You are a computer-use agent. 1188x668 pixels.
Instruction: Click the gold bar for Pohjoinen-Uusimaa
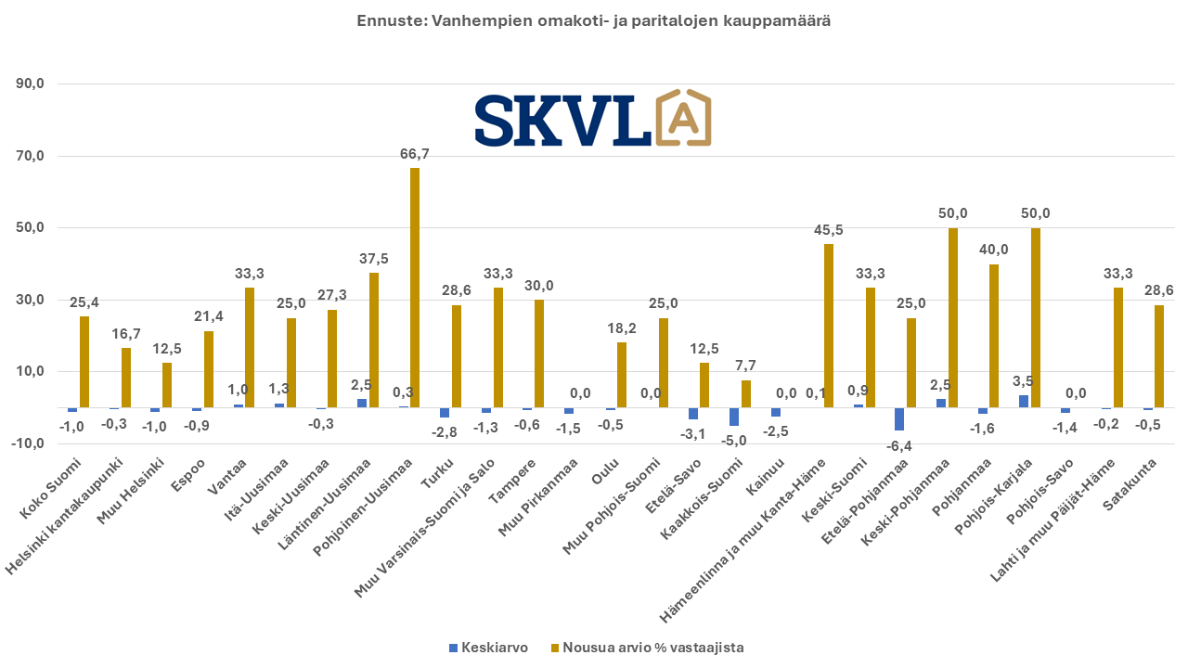[x=415, y=288]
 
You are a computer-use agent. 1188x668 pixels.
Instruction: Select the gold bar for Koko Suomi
[x=84, y=362]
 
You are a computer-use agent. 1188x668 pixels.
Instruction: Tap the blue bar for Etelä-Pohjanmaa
[x=899, y=418]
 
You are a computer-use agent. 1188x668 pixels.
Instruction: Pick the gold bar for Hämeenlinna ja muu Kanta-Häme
[x=828, y=326]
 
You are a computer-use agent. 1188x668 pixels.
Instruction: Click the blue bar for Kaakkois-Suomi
[x=734, y=417]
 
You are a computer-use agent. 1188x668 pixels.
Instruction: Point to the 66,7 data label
[x=415, y=154]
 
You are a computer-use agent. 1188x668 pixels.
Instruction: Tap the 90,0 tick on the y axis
[x=31, y=84]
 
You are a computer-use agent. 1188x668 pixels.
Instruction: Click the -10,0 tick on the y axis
[x=29, y=443]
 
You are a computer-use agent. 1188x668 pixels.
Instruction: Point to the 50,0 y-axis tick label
[x=31, y=228]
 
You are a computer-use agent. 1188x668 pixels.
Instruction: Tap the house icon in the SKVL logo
[x=683, y=118]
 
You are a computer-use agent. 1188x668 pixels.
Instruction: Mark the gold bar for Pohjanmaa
[x=994, y=336]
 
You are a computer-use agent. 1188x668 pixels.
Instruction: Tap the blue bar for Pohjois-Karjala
[x=1024, y=401]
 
